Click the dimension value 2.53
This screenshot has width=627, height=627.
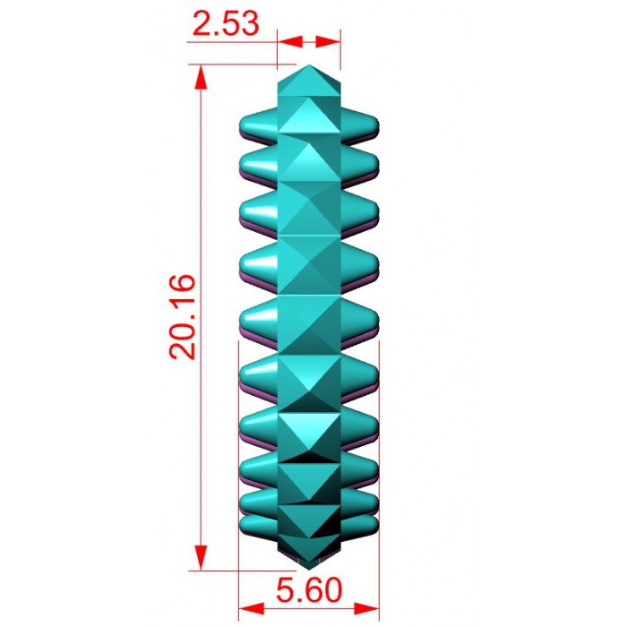pos(226,23)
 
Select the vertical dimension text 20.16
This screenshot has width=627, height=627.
pos(183,317)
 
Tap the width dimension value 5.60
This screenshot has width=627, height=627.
pos(309,589)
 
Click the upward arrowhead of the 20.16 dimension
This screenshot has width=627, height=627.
pos(202,77)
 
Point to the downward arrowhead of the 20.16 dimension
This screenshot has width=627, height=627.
pos(202,558)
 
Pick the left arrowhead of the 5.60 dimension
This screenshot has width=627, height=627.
pos(251,609)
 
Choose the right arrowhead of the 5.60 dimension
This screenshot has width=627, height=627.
pos(366,609)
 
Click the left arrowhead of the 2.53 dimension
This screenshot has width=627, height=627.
pos(290,41)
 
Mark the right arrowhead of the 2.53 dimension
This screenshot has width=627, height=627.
pos(329,41)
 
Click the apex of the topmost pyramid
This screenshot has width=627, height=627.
pos(309,65)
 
